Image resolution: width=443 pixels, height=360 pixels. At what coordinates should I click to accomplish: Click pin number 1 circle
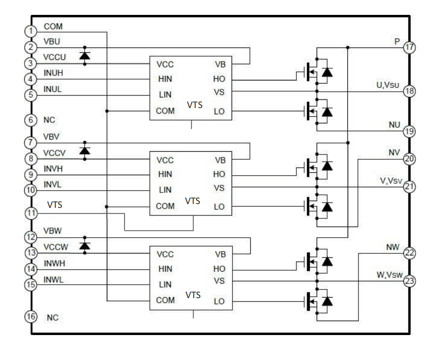coord(31,32)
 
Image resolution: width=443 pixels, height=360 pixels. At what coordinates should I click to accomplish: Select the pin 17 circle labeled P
coord(409,48)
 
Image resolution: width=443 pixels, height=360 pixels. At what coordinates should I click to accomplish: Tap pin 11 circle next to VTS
coord(31,213)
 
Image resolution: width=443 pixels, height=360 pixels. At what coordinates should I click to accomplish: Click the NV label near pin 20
coord(394,152)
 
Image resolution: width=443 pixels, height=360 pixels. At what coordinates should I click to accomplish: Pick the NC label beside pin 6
coord(49,120)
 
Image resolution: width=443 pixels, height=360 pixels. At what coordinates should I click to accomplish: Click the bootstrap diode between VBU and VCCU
coord(85,56)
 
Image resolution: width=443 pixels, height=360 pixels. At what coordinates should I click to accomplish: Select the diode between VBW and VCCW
coord(85,245)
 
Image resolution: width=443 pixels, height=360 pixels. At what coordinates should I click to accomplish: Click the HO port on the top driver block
coord(219,80)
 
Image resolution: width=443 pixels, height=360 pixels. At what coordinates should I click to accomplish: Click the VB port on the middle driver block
coord(219,160)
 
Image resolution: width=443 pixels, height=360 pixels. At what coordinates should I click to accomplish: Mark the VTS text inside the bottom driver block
coord(193,295)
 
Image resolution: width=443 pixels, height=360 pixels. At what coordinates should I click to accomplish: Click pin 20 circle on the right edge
coord(409,159)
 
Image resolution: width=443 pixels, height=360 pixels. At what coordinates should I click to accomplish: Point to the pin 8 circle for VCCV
coord(31,158)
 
